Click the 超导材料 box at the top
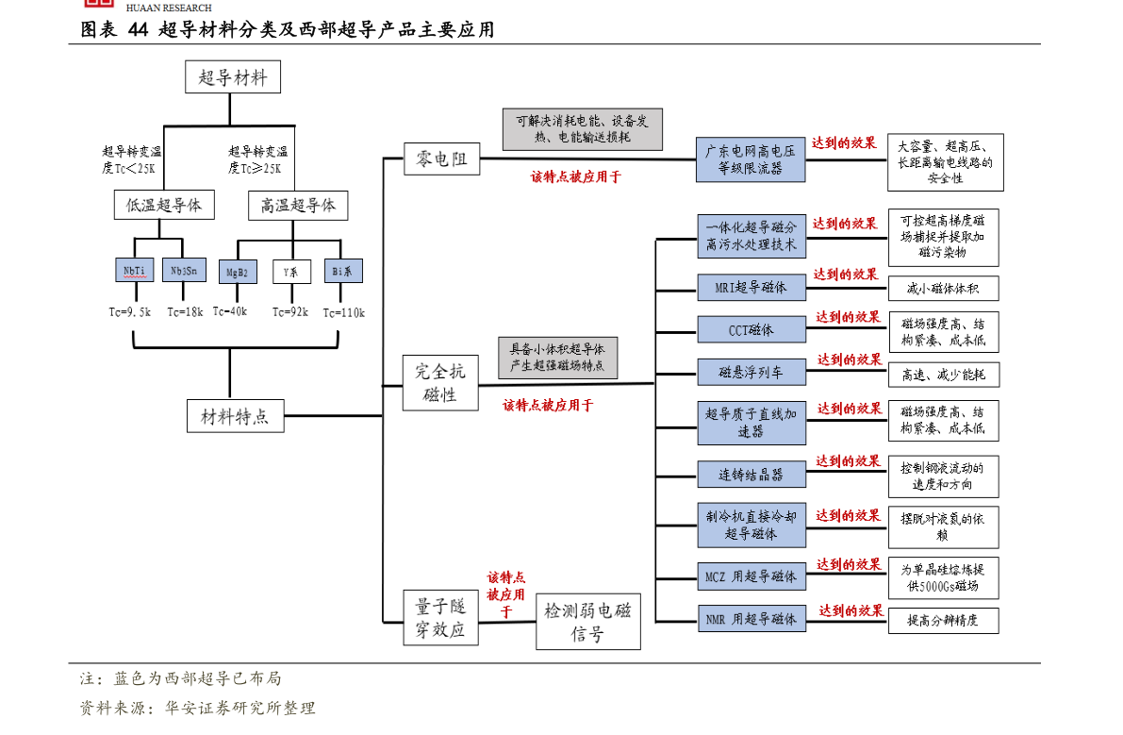point(232,77)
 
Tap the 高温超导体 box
point(298,205)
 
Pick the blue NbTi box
point(134,271)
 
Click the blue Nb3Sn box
point(184,271)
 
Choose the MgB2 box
point(237,273)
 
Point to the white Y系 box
point(291,273)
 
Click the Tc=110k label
point(343,312)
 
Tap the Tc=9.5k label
point(129,312)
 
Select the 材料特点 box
point(235,416)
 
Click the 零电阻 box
point(441,159)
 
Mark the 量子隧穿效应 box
point(440,618)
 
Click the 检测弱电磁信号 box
point(587,622)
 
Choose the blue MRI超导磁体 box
point(751,287)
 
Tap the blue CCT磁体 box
point(751,329)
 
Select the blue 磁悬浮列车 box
point(751,373)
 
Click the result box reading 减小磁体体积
point(943,288)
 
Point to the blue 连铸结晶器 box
point(751,475)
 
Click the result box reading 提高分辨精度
point(943,620)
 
